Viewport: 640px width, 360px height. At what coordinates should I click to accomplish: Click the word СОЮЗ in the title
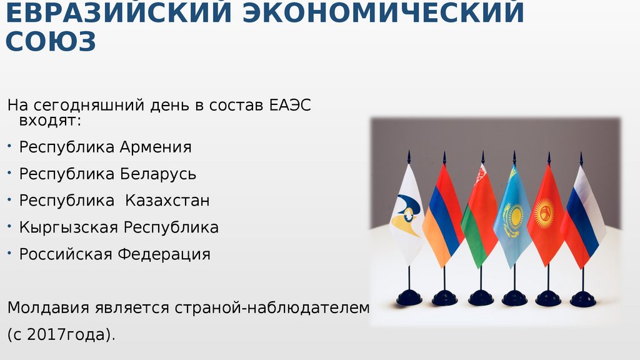click(x=51, y=41)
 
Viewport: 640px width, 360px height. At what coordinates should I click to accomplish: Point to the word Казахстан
click(x=167, y=201)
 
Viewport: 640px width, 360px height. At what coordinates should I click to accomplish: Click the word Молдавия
click(x=48, y=307)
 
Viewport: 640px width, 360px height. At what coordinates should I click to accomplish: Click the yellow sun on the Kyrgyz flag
click(x=544, y=213)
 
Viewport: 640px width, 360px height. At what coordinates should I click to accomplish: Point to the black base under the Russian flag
click(x=582, y=299)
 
